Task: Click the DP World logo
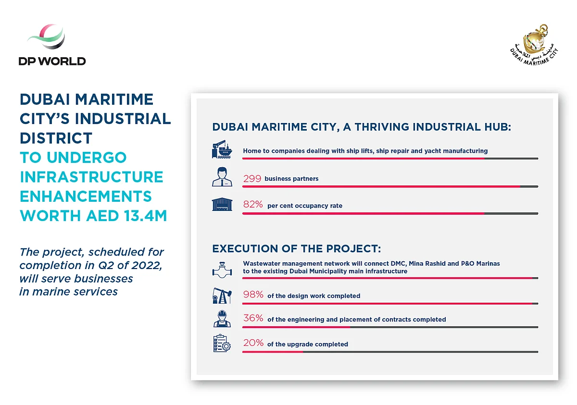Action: coord(52,45)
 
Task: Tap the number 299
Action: coord(252,179)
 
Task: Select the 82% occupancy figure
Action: coord(253,204)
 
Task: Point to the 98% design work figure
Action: coord(253,295)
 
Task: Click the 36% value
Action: coord(253,318)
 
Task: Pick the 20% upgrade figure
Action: coord(253,343)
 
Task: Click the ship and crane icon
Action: coord(222,149)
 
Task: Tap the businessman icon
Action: coord(222,177)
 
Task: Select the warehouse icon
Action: coord(222,204)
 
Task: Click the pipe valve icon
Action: coord(222,270)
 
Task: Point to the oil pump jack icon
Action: coord(222,295)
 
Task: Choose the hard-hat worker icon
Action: coord(222,319)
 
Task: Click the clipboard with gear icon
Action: coord(222,343)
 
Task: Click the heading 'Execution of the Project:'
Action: coord(297,248)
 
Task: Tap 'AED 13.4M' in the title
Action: coord(126,216)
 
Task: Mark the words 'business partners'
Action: coord(291,179)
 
